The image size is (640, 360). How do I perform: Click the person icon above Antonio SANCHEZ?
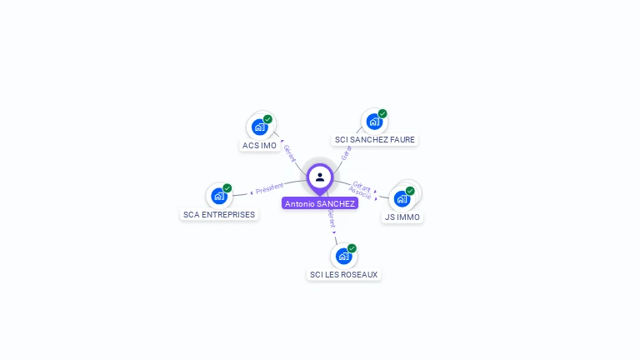point(320,177)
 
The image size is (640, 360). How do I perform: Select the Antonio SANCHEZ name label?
point(320,203)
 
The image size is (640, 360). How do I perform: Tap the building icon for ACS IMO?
point(259,127)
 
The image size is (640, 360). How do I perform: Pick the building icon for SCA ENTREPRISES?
point(219,196)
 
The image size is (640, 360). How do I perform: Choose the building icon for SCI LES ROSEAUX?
point(343,256)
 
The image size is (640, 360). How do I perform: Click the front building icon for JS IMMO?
point(402,199)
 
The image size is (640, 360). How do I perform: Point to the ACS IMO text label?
point(259,146)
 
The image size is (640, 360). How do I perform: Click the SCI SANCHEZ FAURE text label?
point(374,140)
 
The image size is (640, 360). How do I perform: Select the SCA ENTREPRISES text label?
point(219,214)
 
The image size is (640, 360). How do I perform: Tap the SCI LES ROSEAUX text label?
point(343,274)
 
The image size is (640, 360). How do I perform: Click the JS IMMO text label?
point(402,217)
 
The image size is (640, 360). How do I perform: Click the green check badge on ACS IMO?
point(268,119)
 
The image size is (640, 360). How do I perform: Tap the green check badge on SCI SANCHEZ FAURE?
point(382,113)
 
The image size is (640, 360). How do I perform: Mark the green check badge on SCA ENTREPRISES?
point(227,187)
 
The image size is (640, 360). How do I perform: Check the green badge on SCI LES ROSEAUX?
point(352,247)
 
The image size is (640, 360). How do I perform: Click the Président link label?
point(269,188)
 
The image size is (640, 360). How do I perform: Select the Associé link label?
point(361,193)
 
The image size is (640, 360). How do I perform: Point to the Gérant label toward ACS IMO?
point(289,152)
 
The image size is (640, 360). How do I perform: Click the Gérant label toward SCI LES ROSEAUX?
point(331,218)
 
